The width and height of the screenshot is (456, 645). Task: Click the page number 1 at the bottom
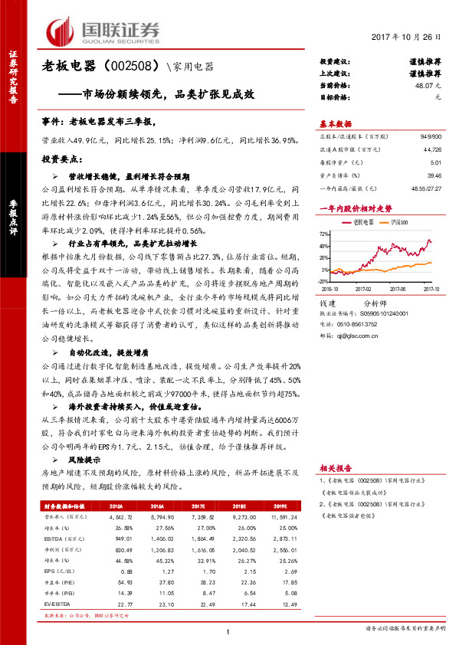[228, 631]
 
